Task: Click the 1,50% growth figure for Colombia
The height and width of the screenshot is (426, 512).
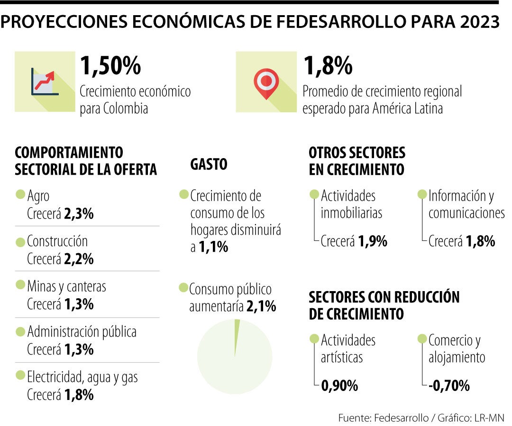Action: pyautogui.click(x=110, y=66)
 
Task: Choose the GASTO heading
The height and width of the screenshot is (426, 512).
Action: pyautogui.click(x=209, y=165)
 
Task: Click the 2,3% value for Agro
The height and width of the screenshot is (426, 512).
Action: pyautogui.click(x=79, y=213)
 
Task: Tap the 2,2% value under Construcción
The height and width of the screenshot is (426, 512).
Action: pyautogui.click(x=79, y=259)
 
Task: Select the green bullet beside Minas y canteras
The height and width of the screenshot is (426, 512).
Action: pyautogui.click(x=20, y=285)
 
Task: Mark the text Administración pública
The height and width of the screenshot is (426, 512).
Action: pyautogui.click(x=82, y=332)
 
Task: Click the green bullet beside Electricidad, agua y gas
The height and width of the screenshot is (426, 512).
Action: pyautogui.click(x=20, y=375)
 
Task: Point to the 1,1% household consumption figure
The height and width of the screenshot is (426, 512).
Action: pyautogui.click(x=213, y=247)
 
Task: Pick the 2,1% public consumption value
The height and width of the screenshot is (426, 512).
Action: pyautogui.click(x=261, y=307)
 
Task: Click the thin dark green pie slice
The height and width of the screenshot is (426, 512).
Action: pyautogui.click(x=237, y=334)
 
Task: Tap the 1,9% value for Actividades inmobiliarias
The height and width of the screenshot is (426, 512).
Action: pyautogui.click(x=373, y=241)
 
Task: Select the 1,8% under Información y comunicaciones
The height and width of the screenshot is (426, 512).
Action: pyautogui.click(x=481, y=241)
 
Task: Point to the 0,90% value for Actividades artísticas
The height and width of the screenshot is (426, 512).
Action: pyautogui.click(x=339, y=386)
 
